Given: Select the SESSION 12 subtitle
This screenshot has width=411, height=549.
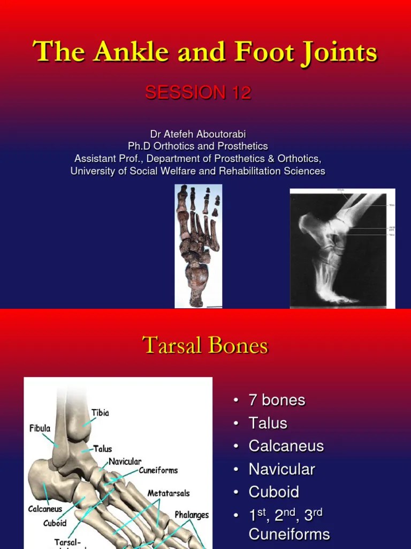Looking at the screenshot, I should click(x=198, y=93).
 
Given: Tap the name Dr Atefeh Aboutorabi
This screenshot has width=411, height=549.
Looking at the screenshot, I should click(x=198, y=133).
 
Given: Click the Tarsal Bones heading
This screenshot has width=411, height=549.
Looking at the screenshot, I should click(x=205, y=345).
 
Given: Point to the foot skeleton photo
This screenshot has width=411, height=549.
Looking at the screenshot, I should click(x=198, y=246).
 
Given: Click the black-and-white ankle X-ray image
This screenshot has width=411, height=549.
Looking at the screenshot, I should click(x=342, y=248).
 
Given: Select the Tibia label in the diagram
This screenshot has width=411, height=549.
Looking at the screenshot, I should click(x=100, y=412).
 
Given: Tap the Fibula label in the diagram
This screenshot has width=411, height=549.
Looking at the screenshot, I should click(x=40, y=428).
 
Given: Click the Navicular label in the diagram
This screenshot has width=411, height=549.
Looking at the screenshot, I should click(x=125, y=461).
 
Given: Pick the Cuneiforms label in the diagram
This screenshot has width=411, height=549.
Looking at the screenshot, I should click(x=158, y=470).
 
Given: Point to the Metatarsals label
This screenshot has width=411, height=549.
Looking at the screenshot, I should click(x=169, y=493).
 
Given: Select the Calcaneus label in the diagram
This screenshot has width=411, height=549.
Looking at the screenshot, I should click(x=45, y=509).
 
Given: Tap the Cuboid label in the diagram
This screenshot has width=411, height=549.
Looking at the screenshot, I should click(x=55, y=523).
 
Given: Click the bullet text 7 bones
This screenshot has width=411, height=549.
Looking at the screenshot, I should click(x=277, y=400).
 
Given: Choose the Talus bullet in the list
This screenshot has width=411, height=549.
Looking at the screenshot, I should click(x=268, y=423).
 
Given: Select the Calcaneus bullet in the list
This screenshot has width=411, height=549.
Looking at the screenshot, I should click(x=286, y=446).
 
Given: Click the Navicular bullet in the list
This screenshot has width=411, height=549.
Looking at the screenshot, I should click(x=281, y=469).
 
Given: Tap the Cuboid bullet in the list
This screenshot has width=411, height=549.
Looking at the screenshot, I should click(x=273, y=492).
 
